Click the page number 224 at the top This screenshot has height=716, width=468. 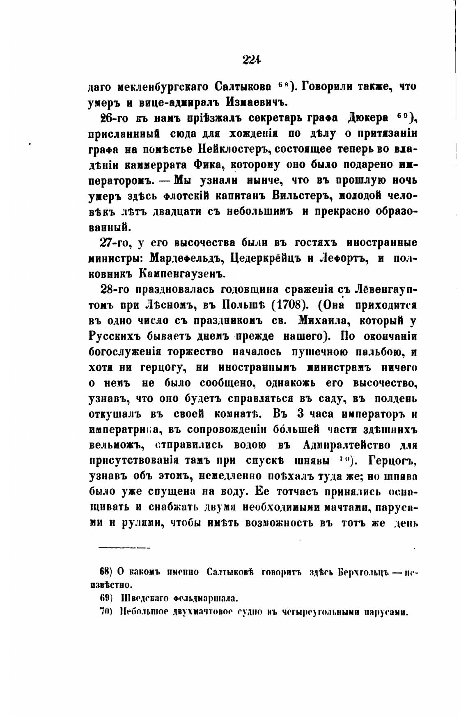pos(251,60)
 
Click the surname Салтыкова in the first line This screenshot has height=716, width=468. pos(243,87)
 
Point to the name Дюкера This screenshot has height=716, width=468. pos(367,118)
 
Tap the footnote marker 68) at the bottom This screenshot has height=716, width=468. pos(106,571)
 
